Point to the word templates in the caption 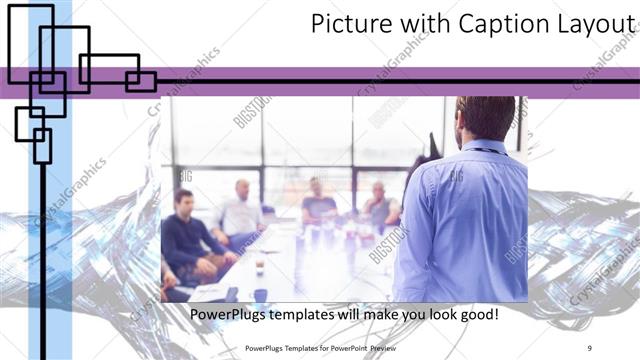[308, 315]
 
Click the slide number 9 [590, 348]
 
